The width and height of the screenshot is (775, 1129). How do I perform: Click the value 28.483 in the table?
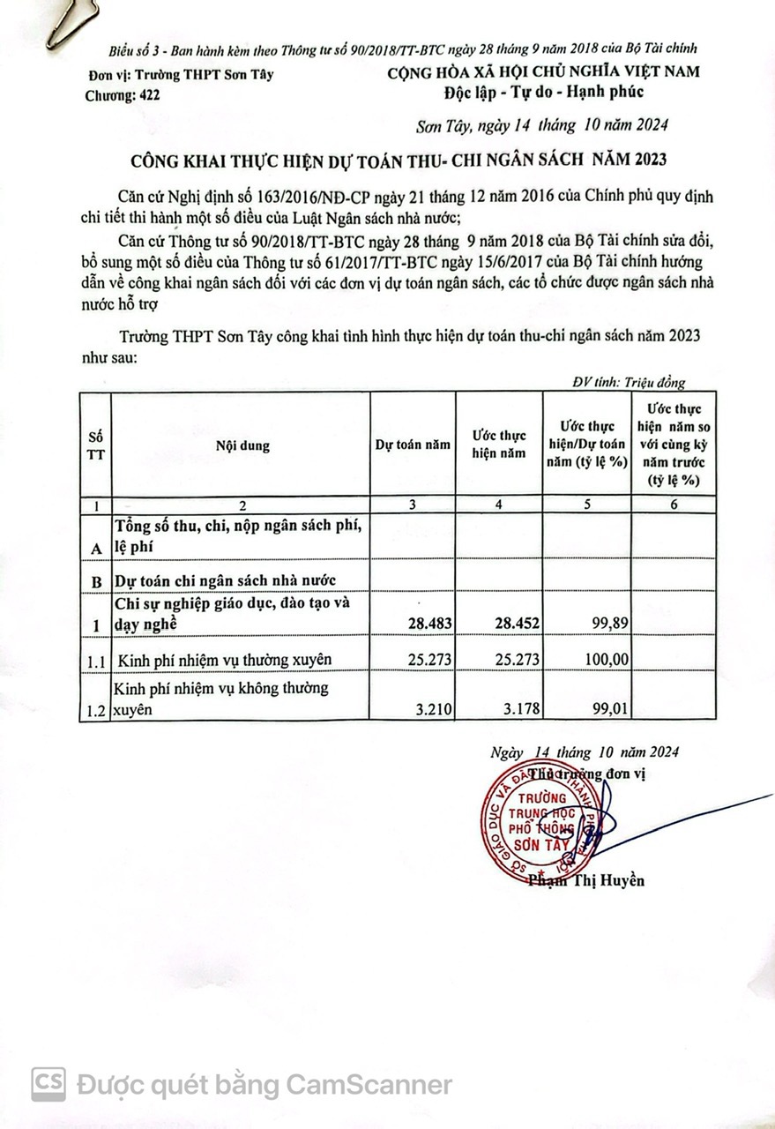(430, 623)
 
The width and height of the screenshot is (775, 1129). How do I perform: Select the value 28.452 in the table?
(515, 623)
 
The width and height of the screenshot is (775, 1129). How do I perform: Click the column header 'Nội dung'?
(242, 446)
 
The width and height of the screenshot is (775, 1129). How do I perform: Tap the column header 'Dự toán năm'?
(413, 446)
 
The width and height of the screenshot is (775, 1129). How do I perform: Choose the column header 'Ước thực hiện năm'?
(498, 445)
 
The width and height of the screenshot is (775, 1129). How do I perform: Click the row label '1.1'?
(94, 659)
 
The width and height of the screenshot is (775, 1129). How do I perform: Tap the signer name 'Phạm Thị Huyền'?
(586, 880)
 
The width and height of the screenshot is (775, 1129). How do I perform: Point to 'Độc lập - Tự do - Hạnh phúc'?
(545, 92)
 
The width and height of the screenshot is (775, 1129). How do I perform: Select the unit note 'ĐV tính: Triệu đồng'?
(628, 382)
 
